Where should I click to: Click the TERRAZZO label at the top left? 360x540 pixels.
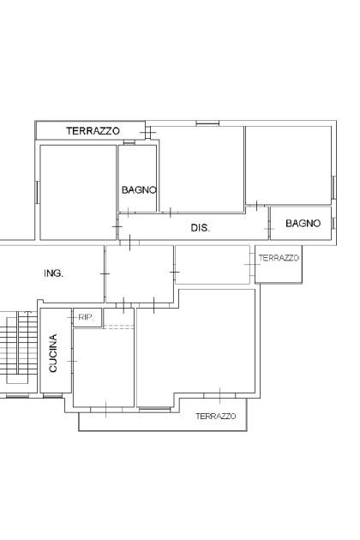tap(93, 131)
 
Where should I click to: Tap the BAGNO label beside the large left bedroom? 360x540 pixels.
tap(139, 189)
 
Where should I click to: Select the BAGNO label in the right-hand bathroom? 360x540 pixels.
tap(303, 223)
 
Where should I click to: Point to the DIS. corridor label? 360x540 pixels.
tap(201, 228)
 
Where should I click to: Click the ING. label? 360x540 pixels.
tap(54, 273)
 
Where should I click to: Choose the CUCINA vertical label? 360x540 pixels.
tap(53, 353)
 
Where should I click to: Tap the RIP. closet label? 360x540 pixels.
tap(86, 317)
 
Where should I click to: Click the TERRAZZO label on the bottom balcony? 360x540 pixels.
tap(216, 416)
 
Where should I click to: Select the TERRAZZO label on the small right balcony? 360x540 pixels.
tap(279, 258)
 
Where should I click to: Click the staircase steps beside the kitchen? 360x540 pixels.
tap(21, 347)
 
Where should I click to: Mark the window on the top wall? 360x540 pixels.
tap(207, 123)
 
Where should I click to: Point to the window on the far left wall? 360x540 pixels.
tap(37, 192)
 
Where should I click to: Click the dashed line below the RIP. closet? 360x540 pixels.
tap(118, 327)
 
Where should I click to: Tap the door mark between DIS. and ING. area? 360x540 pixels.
tap(130, 243)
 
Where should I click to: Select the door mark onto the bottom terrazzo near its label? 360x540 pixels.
tap(219, 395)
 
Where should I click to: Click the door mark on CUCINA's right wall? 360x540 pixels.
tap(72, 361)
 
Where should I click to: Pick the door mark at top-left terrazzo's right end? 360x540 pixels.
tap(148, 132)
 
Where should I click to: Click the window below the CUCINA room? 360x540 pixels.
tap(52, 396)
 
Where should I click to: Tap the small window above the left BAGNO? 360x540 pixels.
tap(129, 142)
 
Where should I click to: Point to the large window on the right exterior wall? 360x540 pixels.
tap(333, 188)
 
